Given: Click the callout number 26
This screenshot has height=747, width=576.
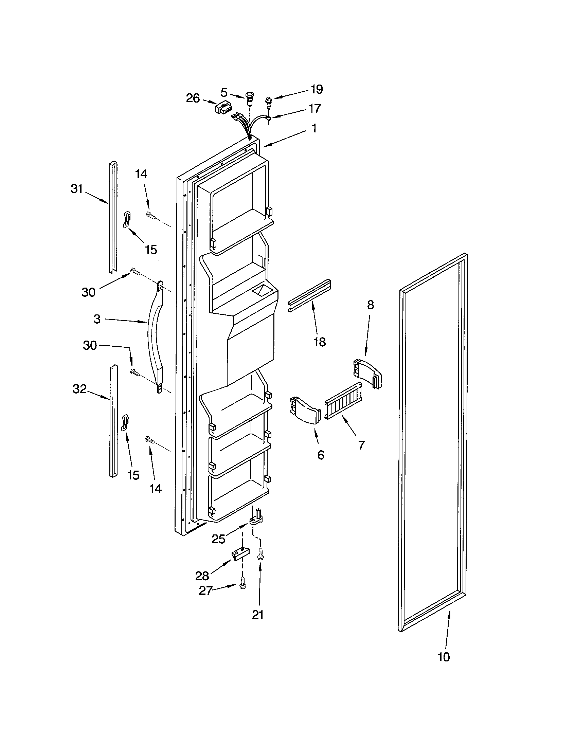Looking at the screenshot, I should [193, 98].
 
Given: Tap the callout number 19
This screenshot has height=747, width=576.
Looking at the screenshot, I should [317, 89].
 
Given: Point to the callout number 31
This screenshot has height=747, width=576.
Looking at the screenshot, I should [77, 188].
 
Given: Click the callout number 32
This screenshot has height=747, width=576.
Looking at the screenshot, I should [79, 389].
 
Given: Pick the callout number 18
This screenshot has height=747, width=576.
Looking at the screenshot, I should [320, 342].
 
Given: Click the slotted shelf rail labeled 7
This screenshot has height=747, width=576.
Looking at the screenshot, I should [343, 401].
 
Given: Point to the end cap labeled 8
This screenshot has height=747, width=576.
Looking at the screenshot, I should [367, 373].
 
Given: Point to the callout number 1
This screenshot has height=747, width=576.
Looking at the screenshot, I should [314, 128].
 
